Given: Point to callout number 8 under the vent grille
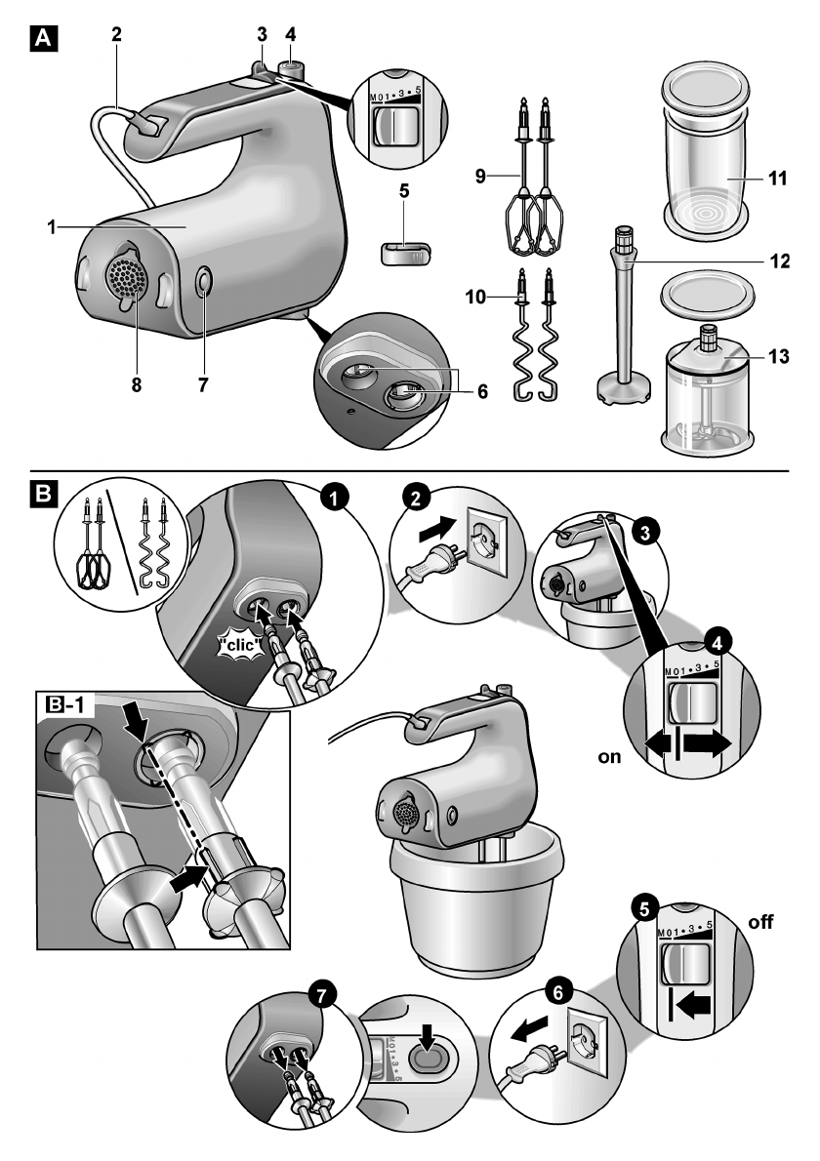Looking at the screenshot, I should (x=137, y=384).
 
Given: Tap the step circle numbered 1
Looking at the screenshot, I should (x=337, y=498).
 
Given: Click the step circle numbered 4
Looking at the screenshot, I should (x=718, y=645).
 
